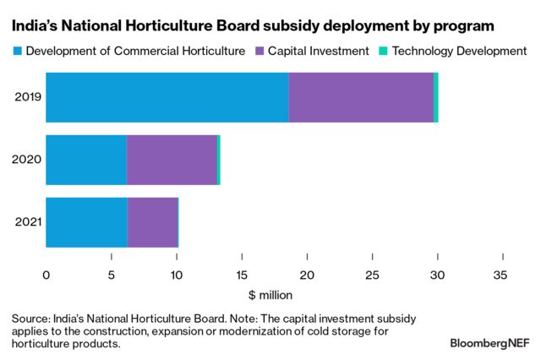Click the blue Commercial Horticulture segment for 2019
(167, 97)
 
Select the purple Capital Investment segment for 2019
(361, 97)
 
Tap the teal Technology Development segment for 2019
(436, 97)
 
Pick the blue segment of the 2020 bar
(86, 160)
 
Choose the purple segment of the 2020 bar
(172, 160)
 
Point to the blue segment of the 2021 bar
(86, 222)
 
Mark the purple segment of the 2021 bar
(152, 222)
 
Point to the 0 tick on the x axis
(46, 275)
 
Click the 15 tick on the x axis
(242, 275)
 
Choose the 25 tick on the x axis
(372, 275)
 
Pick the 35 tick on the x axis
(503, 275)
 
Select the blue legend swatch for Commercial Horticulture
(17, 52)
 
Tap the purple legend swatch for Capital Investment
(260, 52)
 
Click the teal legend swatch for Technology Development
(383, 52)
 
